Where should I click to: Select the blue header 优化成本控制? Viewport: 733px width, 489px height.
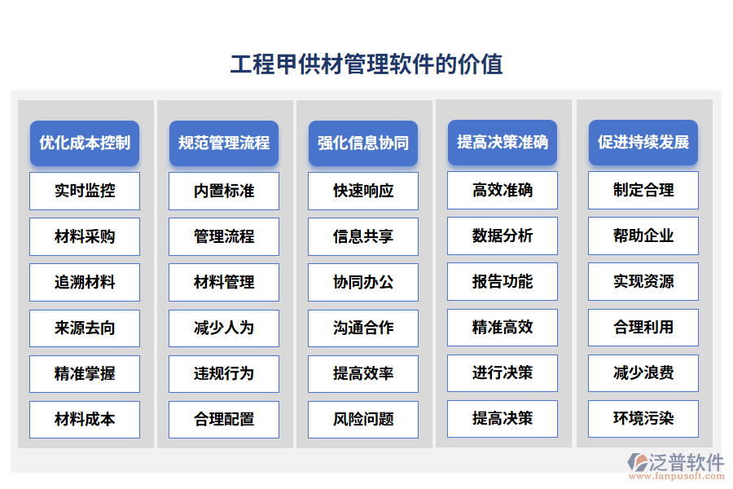(85, 143)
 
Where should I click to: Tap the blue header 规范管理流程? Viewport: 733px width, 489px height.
(224, 143)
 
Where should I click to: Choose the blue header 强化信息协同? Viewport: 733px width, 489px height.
(363, 143)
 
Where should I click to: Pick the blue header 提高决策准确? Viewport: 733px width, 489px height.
(503, 143)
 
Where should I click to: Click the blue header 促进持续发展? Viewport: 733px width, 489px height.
(643, 143)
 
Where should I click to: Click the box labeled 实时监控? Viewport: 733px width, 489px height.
(85, 191)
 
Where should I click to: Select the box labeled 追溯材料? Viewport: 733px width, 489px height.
(85, 282)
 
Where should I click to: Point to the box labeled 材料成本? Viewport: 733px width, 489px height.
(85, 419)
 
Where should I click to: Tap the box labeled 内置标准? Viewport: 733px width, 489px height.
(224, 191)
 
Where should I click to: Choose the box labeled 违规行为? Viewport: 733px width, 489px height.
(224, 373)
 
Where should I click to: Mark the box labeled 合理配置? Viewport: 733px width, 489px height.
(224, 419)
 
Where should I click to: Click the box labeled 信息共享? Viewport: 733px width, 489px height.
(363, 236)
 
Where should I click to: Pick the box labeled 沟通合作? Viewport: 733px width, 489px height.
(363, 328)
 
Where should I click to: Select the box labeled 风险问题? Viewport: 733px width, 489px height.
(363, 419)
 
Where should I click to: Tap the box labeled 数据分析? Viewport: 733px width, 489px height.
(503, 236)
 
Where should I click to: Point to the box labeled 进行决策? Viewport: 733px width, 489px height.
(503, 372)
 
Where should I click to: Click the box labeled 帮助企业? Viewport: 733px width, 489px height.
(643, 236)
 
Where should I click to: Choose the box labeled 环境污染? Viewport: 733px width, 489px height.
(643, 418)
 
